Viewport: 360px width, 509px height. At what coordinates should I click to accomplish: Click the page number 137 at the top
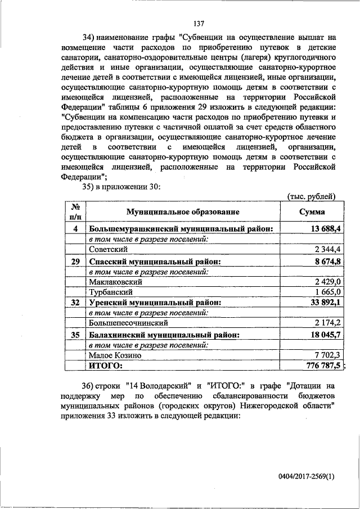point(198,24)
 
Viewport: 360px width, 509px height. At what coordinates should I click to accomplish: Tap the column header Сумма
point(311,212)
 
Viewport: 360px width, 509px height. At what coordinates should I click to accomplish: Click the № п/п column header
point(75,212)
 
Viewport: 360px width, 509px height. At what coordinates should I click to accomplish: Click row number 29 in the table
point(75,262)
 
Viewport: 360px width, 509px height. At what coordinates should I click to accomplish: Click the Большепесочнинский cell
point(129,323)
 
